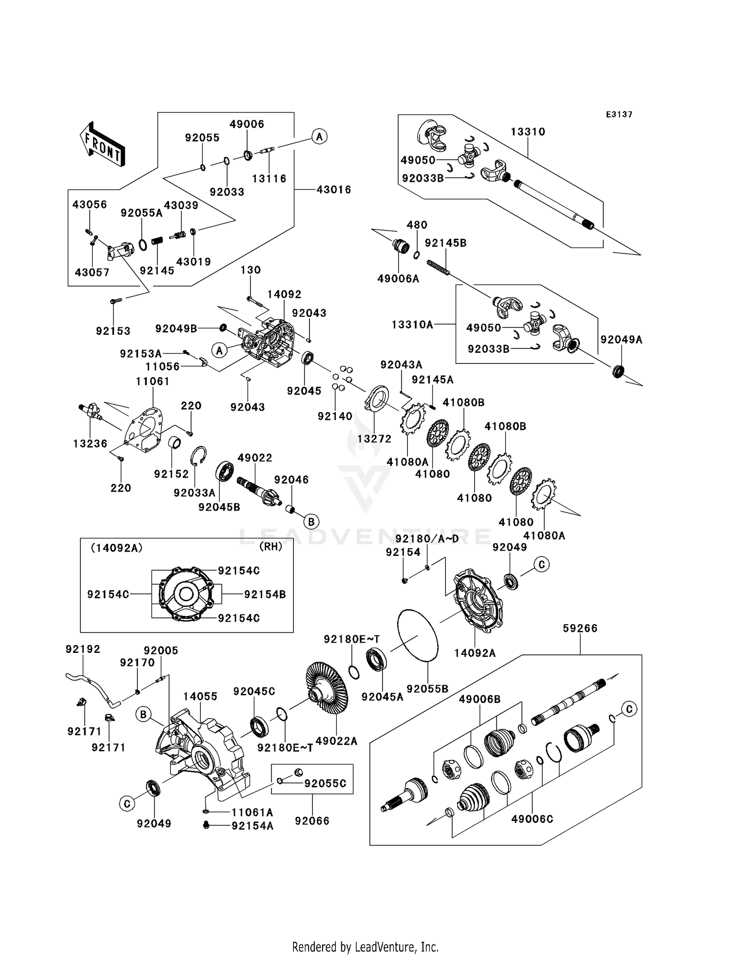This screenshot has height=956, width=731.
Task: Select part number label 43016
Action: coord(334,190)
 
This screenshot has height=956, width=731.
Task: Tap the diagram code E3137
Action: coord(619,115)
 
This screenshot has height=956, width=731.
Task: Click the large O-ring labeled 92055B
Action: coord(418,635)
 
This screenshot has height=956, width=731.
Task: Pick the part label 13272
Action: coord(374,439)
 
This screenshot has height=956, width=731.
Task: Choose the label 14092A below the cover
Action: coord(475,653)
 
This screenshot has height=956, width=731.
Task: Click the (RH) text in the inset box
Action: coord(270,547)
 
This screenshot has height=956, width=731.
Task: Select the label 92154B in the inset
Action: coord(265,594)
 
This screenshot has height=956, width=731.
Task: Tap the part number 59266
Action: coord(580,629)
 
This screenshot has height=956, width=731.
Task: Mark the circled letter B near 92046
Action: coord(311,521)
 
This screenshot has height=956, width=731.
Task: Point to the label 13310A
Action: coord(412,325)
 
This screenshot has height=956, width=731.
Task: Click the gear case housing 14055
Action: coord(202,746)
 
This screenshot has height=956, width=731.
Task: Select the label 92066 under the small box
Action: coord(312,821)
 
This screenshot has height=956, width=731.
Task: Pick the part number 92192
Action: coord(83,649)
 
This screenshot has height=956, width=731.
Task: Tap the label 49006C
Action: coord(532,819)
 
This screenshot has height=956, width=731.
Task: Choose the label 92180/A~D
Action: coord(427,538)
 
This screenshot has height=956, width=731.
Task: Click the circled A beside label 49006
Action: coord(319,136)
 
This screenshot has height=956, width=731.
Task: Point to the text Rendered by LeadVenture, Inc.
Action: coord(365,947)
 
